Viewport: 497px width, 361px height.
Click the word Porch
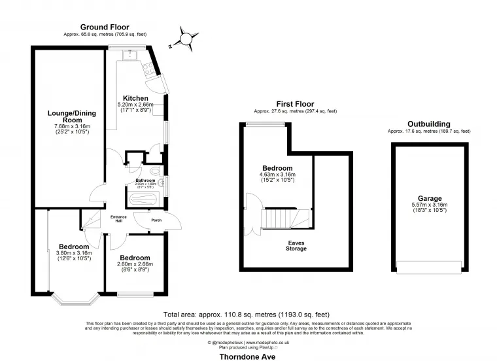pyautogui.click(x=156, y=220)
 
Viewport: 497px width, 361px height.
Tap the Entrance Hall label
pyautogui.click(x=118, y=219)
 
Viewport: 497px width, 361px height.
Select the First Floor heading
pyautogui.click(x=294, y=104)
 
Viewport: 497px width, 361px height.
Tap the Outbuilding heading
pyautogui.click(x=428, y=123)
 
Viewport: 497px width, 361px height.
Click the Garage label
pyautogui.click(x=430, y=198)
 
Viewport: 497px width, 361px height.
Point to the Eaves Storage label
pyautogui.click(x=296, y=245)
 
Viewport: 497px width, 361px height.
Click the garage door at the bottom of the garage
pyautogui.click(x=429, y=268)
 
